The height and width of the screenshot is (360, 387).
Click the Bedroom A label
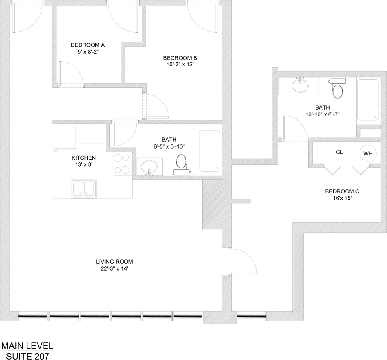tap(88, 45)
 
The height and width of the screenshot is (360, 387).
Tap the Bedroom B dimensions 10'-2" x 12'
tap(180, 65)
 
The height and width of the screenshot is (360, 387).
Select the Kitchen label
tap(83, 158)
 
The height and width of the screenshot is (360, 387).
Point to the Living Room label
tap(114, 262)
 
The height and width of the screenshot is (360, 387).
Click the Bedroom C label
tap(342, 191)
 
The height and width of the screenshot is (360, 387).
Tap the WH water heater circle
tap(368, 153)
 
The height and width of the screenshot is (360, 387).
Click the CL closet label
tap(339, 152)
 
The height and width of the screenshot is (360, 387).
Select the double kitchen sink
tap(84, 188)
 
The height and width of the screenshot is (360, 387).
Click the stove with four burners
tap(122, 164)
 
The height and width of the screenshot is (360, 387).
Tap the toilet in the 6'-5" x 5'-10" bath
tap(181, 164)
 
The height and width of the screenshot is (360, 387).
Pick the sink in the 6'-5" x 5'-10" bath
tap(149, 167)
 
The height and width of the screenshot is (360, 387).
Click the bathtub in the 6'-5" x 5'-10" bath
tap(209, 151)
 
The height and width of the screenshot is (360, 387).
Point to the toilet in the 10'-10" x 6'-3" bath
tap(337, 88)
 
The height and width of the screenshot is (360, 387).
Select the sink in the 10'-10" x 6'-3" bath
tap(300, 86)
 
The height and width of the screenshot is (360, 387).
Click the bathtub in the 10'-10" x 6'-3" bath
tap(368, 100)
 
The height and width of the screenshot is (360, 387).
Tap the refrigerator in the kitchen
tap(65, 137)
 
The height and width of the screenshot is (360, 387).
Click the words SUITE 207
tap(27, 356)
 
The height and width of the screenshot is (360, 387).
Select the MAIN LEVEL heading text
tap(27, 345)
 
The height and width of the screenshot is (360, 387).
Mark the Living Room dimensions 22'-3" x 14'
tap(114, 268)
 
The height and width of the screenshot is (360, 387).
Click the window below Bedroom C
tap(251, 316)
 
